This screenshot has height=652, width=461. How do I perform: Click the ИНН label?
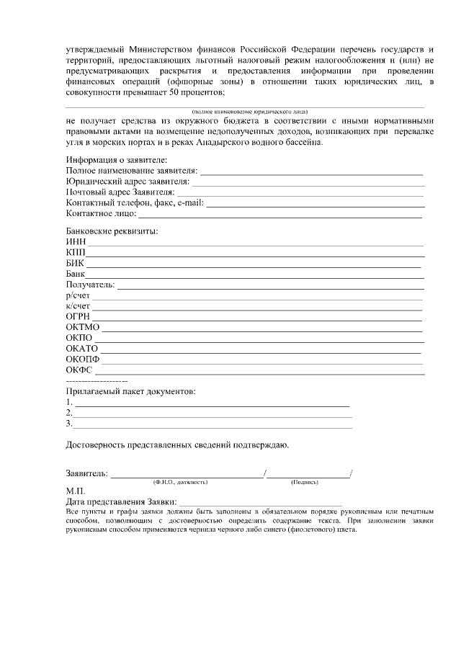(76, 241)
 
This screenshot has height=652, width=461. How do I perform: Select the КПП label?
(76, 252)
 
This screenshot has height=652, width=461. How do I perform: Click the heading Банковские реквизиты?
(112, 231)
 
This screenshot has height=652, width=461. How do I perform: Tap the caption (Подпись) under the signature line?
(305, 481)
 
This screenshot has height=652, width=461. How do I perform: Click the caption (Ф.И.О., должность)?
(180, 481)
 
